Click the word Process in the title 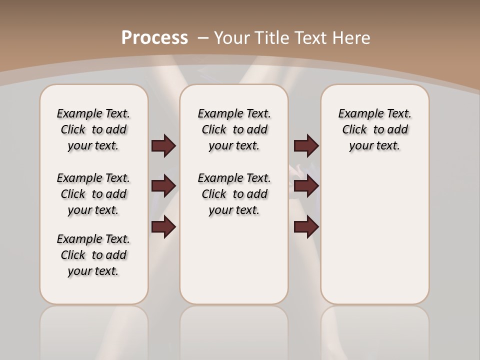pos(155,37)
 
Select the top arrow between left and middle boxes pos(163,145)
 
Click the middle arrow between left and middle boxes pos(163,186)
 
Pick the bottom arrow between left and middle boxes pos(163,227)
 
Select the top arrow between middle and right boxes pos(306,145)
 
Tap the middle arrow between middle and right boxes pos(306,186)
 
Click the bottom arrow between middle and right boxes pos(306,227)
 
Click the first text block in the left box pos(93,129)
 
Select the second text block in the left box pos(93,194)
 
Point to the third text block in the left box pos(93,255)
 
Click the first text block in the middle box pos(234,129)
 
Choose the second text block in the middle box pos(234,194)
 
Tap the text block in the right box pos(375,129)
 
